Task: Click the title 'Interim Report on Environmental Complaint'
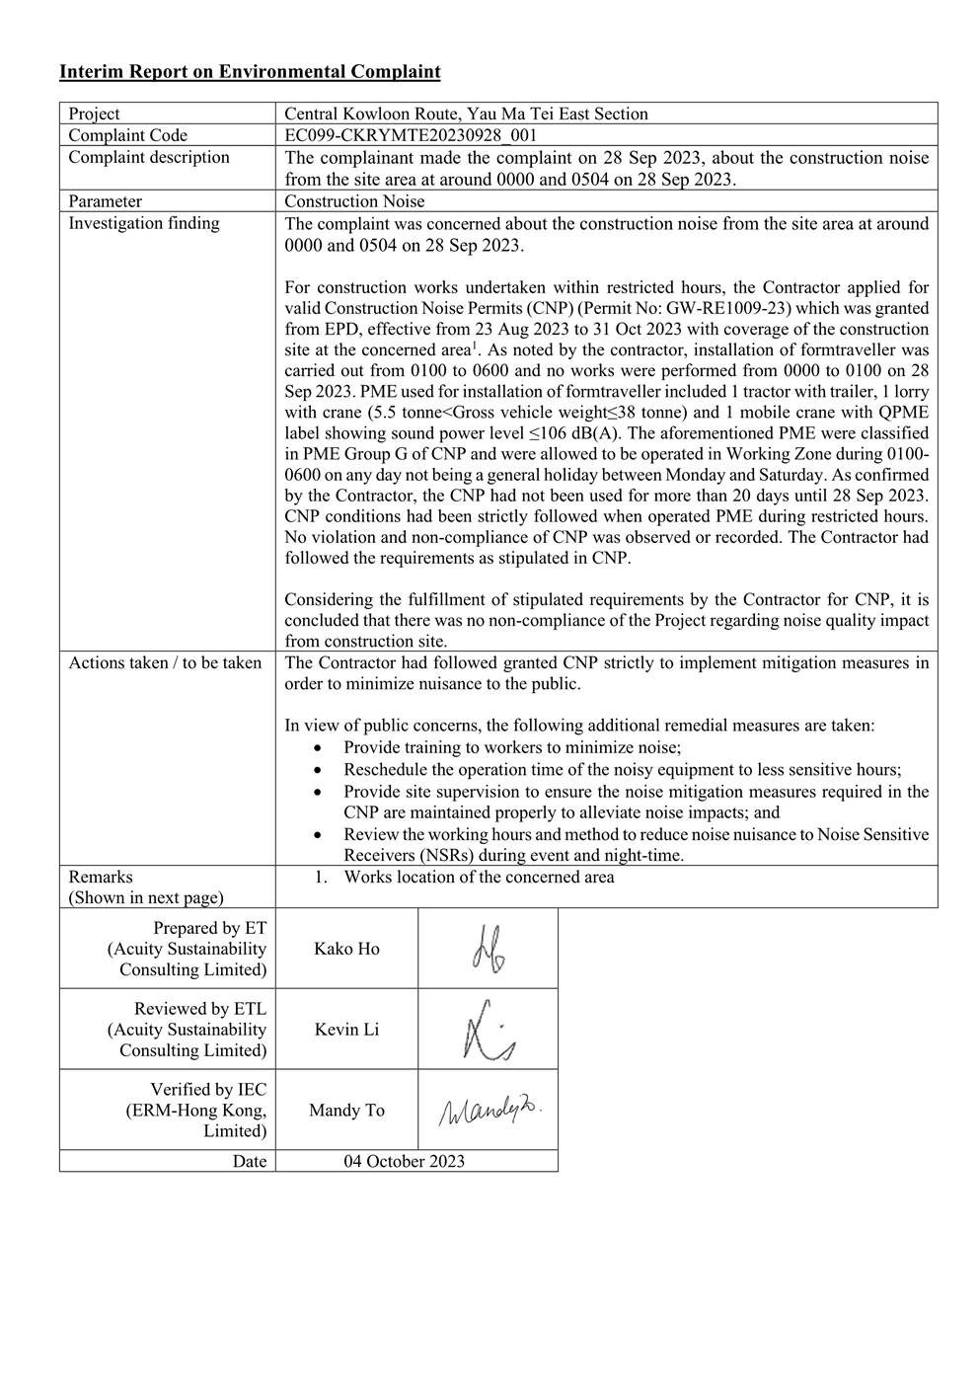250,71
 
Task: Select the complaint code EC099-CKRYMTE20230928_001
411,135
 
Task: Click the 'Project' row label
94,114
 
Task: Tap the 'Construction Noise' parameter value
354,201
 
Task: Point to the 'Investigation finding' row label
144,223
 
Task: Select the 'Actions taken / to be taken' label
165,662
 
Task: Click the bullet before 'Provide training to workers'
317,748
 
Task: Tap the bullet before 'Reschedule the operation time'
317,770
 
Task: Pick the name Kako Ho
346,949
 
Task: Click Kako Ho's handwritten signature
488,949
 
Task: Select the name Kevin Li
346,1030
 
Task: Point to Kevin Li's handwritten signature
488,1031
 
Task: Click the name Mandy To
346,1111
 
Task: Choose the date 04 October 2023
404,1161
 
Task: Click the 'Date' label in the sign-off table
250,1161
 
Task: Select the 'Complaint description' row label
149,157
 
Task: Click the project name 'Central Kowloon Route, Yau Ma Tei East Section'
466,114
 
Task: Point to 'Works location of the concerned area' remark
479,877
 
